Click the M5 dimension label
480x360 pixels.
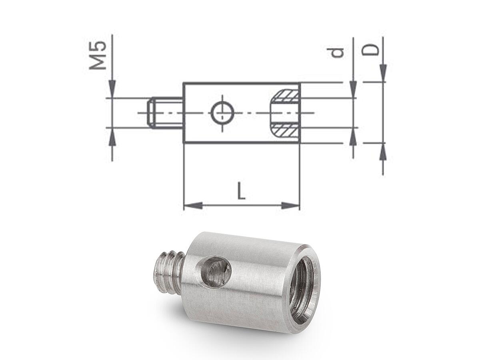[x=98, y=55]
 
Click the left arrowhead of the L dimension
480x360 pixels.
[x=193, y=205]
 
